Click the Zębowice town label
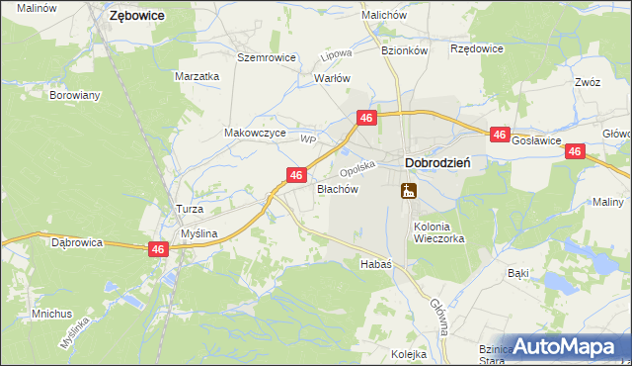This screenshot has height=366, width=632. (136, 16)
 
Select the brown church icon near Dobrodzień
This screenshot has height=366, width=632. (408, 190)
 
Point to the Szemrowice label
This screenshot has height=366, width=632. (267, 57)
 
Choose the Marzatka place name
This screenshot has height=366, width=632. (197, 76)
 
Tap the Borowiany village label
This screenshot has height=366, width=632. (75, 96)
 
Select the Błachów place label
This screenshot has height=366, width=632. (336, 188)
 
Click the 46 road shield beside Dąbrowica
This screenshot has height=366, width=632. (157, 250)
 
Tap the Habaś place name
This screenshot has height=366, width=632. (376, 264)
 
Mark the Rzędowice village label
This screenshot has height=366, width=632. (477, 47)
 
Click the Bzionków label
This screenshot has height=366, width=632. (405, 49)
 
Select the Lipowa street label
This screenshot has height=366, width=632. (338, 55)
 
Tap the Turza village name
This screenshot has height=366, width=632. (189, 210)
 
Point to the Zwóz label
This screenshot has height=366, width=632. (587, 83)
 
